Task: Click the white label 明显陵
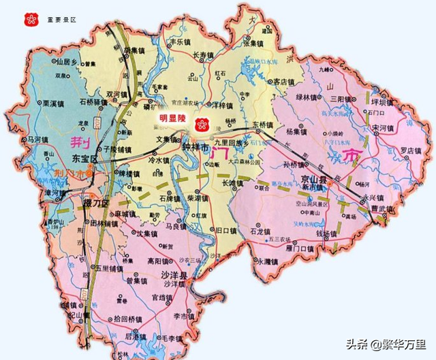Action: point(172,117)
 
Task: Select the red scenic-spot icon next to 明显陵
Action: point(201,124)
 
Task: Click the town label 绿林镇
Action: point(305,97)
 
